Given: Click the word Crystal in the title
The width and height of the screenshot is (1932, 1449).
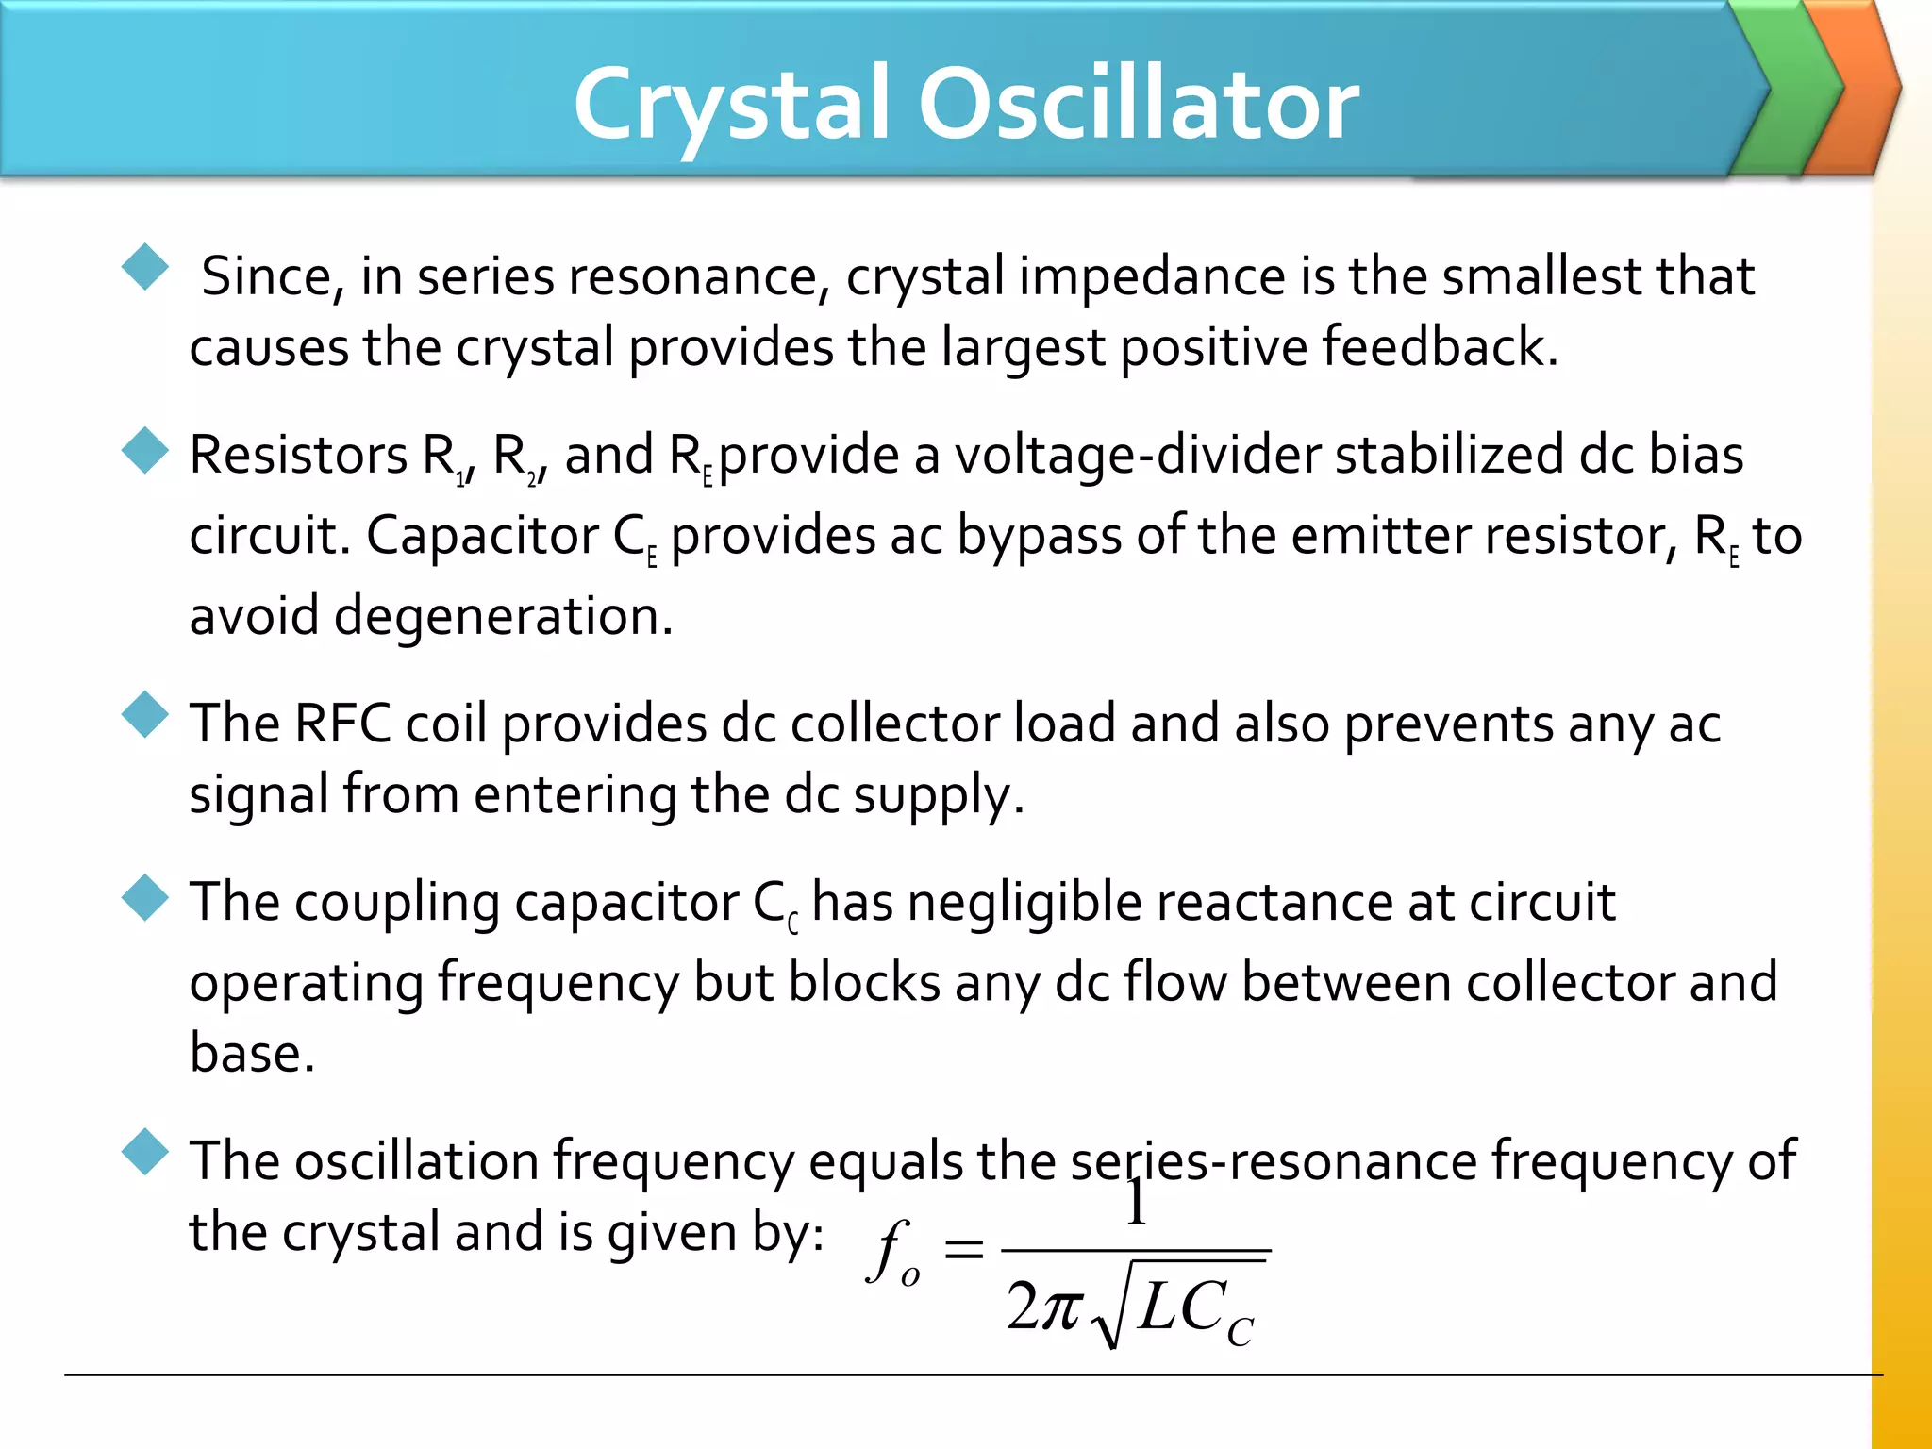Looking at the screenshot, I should coord(731,104).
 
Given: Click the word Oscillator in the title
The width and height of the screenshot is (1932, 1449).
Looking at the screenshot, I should coord(1139,104).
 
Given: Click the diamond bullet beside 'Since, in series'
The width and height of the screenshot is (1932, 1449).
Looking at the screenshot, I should coord(145,266).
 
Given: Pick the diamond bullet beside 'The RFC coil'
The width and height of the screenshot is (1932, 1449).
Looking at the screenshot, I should coord(145,714).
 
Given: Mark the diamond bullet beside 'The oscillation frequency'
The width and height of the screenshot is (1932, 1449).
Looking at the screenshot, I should coord(145,1152).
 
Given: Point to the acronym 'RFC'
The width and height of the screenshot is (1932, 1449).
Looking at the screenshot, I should coord(342,724).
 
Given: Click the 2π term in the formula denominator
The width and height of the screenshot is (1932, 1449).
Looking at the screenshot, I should coord(1043,1307).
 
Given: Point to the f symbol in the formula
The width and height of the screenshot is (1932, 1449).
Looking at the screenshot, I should coord(890,1251).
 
